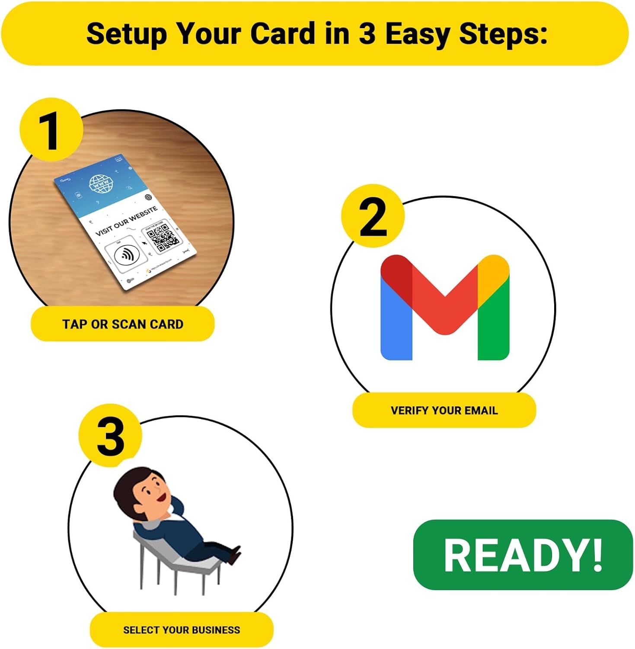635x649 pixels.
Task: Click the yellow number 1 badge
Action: [x=51, y=130]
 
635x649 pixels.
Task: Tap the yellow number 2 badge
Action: [x=373, y=216]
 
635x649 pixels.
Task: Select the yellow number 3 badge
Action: [x=110, y=436]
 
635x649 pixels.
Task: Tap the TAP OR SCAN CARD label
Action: [x=123, y=324]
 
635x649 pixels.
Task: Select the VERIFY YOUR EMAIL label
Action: [x=444, y=410]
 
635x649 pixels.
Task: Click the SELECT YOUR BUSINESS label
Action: [x=182, y=630]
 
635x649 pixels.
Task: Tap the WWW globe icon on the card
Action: [x=101, y=185]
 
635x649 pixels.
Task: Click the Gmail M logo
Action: [x=444, y=307]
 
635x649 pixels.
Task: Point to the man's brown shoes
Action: [x=234, y=556]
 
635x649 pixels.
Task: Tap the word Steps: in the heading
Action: [x=503, y=34]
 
